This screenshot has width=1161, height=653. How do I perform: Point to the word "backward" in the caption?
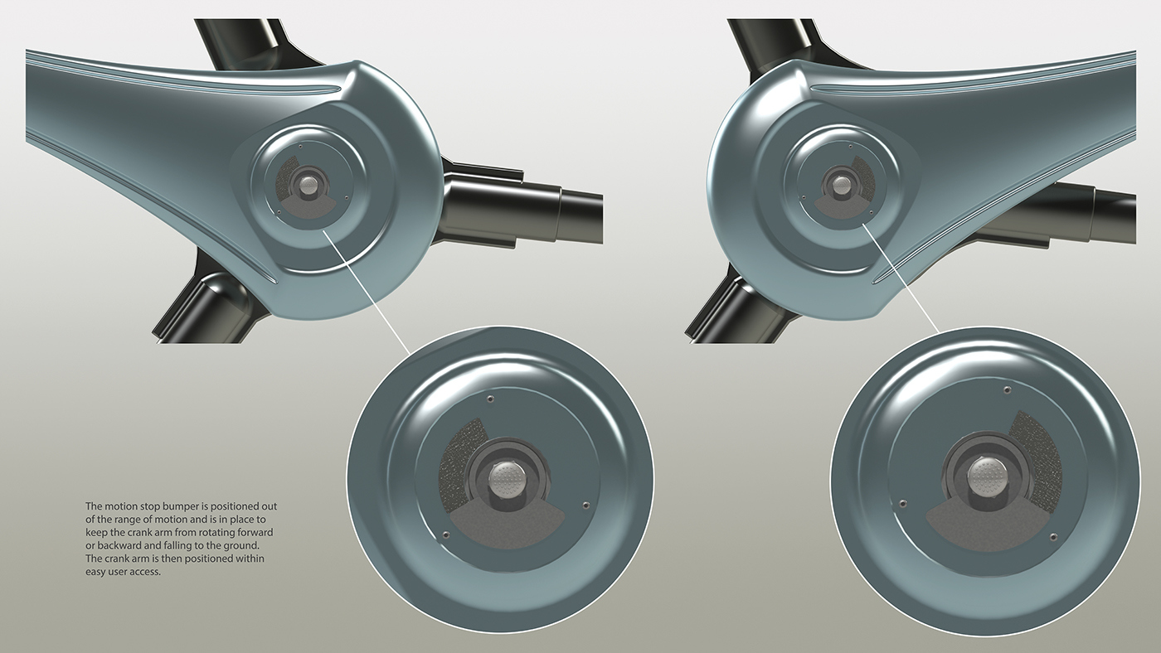click(125, 545)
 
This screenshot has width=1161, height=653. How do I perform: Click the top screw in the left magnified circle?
click(492, 399)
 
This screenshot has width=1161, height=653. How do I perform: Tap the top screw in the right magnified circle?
click(1007, 389)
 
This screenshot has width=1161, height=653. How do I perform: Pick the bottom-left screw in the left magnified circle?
click(446, 534)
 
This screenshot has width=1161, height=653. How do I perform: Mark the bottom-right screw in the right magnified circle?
click(1053, 538)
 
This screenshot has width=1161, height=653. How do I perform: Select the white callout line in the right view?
click(904, 277)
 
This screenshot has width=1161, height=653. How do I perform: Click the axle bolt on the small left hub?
click(311, 181)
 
